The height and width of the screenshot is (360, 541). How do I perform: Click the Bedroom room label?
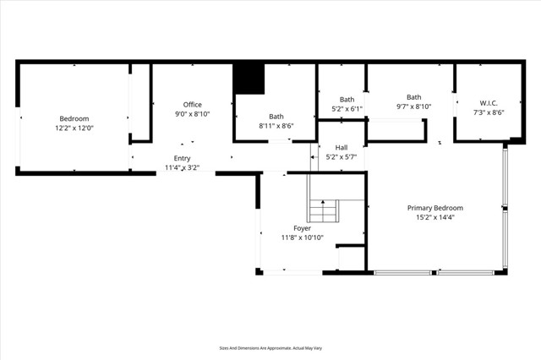click(x=74, y=119)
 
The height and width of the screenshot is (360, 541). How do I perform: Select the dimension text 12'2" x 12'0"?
click(x=74, y=129)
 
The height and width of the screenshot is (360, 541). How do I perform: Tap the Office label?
click(x=193, y=104)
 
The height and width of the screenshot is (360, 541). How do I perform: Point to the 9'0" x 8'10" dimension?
click(x=193, y=114)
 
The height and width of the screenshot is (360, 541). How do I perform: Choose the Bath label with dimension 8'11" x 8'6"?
click(x=276, y=117)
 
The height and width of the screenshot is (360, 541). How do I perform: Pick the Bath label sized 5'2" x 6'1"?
click(x=347, y=99)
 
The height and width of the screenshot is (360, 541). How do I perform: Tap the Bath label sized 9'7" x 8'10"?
click(x=413, y=97)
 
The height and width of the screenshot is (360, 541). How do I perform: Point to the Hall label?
click(x=342, y=147)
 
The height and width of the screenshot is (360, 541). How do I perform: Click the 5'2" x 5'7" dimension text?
click(x=342, y=157)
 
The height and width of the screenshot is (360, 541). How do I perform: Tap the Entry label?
click(x=183, y=158)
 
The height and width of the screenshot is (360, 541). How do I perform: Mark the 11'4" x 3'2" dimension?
click(x=183, y=168)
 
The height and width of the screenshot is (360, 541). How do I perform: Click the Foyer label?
click(x=302, y=228)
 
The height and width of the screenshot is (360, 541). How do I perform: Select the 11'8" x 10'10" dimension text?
click(x=302, y=238)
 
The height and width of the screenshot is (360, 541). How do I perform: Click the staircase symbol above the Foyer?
click(x=323, y=208)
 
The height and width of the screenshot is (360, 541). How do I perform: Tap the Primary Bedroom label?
click(x=435, y=208)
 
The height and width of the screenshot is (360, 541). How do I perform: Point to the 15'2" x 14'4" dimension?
click(x=435, y=218)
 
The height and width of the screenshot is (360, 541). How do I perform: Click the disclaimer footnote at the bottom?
click(x=271, y=348)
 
